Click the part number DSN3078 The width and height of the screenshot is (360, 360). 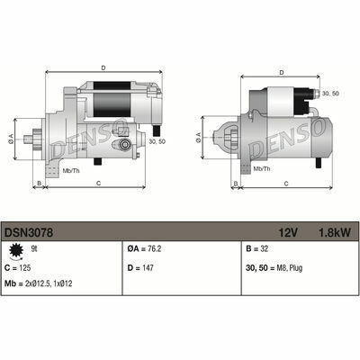pos(29,232)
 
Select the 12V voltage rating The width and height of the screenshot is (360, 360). pos(288,232)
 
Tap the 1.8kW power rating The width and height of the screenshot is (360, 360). pos(334,232)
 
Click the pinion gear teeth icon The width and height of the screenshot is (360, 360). pos(15,251)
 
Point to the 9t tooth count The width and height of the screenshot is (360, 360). pos(34,248)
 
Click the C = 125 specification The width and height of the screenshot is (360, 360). pos(18,267)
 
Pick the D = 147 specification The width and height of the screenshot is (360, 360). pos(140,267)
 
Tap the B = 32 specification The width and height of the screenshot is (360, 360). pos(256,248)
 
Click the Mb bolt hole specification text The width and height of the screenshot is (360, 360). pos(39,283)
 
